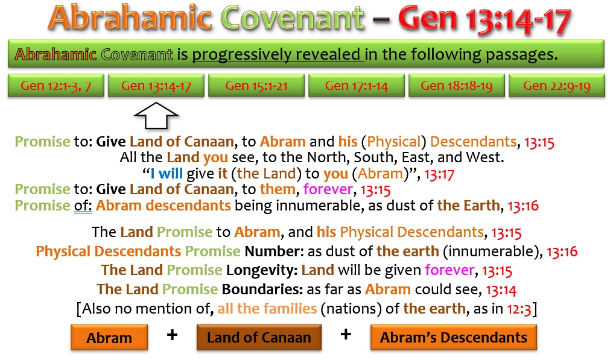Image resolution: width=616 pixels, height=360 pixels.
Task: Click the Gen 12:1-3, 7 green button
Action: (56, 85)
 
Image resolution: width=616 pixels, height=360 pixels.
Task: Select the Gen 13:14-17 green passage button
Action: (156, 85)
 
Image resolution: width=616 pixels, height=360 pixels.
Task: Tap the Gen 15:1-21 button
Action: (256, 85)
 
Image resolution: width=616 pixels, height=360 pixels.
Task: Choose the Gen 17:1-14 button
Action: (357, 85)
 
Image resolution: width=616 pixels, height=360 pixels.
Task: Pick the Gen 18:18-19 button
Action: (457, 85)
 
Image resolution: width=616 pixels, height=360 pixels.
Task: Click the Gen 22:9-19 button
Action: (557, 85)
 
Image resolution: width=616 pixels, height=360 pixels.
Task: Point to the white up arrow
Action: (156, 116)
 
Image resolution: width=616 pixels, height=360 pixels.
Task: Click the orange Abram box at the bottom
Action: (109, 337)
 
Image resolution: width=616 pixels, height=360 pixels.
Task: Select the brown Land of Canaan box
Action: (259, 337)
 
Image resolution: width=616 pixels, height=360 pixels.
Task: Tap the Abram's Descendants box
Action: (453, 337)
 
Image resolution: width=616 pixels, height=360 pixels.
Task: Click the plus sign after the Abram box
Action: (172, 335)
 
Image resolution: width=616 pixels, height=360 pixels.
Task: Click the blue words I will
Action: (167, 174)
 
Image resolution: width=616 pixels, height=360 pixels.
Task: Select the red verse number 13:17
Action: (439, 174)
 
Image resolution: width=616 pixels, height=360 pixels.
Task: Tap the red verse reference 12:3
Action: (519, 309)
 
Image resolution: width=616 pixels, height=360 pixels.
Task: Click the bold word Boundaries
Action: (262, 289)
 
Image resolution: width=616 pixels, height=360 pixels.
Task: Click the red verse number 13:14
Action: (501, 290)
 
